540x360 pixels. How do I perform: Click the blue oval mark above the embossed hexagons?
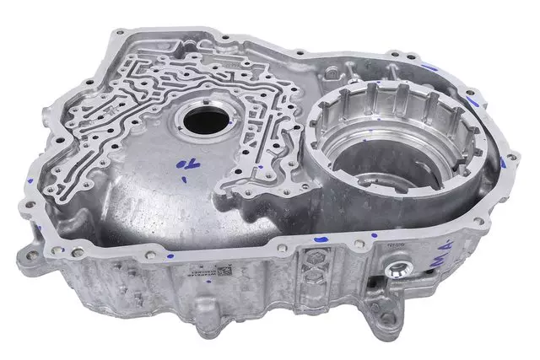coord(320,239)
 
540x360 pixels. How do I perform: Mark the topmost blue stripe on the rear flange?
coord(430,67)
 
